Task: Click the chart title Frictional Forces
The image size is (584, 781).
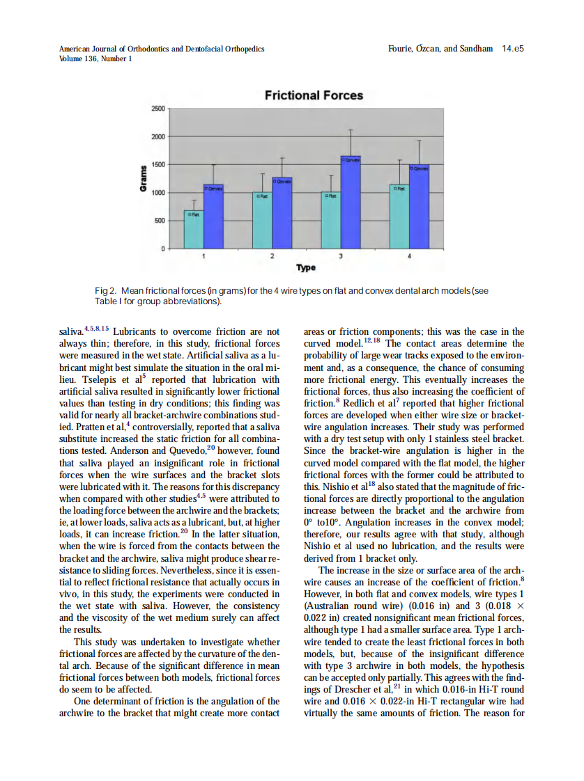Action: [314, 95]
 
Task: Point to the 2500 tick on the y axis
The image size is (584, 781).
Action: [158, 109]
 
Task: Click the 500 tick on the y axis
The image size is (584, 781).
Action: [160, 221]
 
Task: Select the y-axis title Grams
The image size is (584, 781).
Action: [143, 179]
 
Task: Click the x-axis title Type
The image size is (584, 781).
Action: [305, 268]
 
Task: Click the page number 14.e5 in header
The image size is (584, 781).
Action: [512, 49]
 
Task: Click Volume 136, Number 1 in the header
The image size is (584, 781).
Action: [95, 58]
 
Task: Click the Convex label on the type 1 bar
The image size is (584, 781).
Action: [213, 187]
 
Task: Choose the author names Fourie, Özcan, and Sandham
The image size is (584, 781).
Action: [440, 49]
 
